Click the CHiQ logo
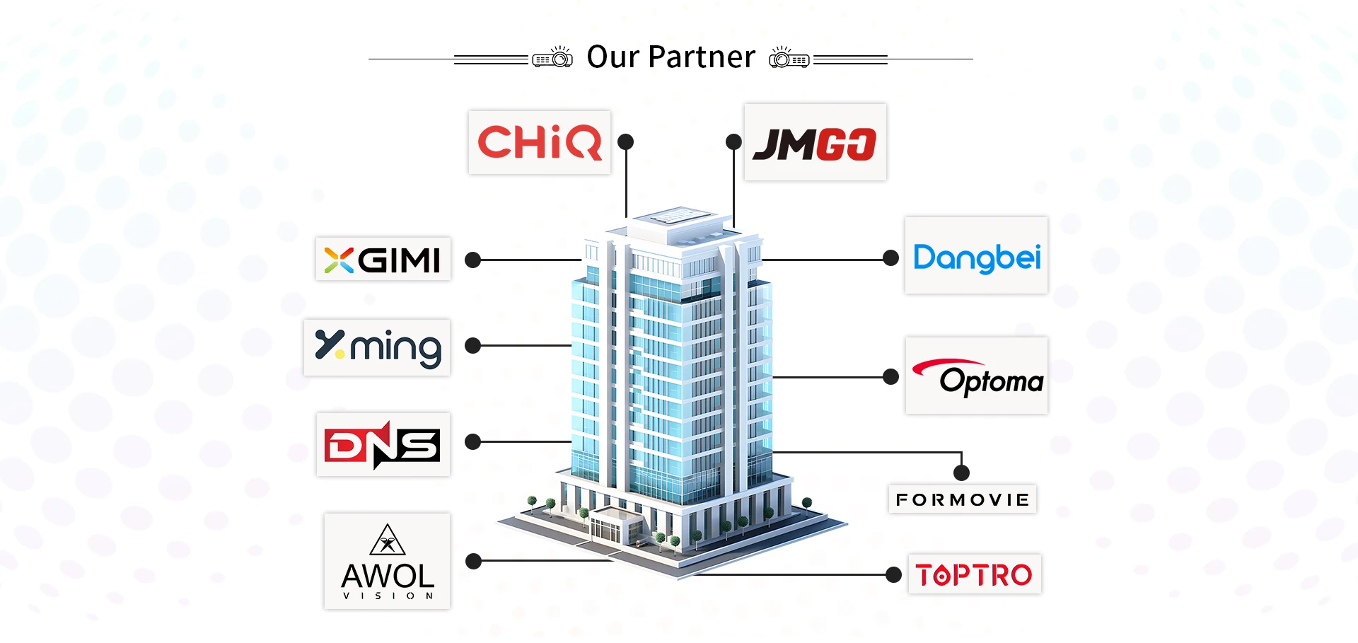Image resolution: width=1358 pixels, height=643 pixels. (x=539, y=142)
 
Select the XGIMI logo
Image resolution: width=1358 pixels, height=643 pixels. (x=383, y=260)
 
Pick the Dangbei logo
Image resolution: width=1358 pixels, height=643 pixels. (x=976, y=257)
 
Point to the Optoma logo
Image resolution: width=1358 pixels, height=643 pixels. (x=977, y=377)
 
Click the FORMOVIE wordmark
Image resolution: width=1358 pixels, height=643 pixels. (x=963, y=500)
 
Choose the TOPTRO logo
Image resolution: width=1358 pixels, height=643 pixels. (x=974, y=574)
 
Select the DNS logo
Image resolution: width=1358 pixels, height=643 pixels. (x=383, y=445)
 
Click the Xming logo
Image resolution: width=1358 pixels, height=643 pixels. (x=378, y=347)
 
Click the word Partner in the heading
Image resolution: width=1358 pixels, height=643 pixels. (x=702, y=57)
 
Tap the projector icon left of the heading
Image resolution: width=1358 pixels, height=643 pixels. (x=552, y=57)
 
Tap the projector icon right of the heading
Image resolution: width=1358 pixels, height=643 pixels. (x=789, y=57)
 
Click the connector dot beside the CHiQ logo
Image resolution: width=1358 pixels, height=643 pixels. (x=625, y=142)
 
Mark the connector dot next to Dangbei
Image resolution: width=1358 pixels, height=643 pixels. (x=891, y=258)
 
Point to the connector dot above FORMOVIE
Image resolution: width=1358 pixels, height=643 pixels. (x=961, y=473)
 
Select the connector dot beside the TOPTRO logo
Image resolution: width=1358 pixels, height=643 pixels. (x=894, y=574)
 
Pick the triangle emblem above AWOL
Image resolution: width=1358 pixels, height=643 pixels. (x=388, y=540)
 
